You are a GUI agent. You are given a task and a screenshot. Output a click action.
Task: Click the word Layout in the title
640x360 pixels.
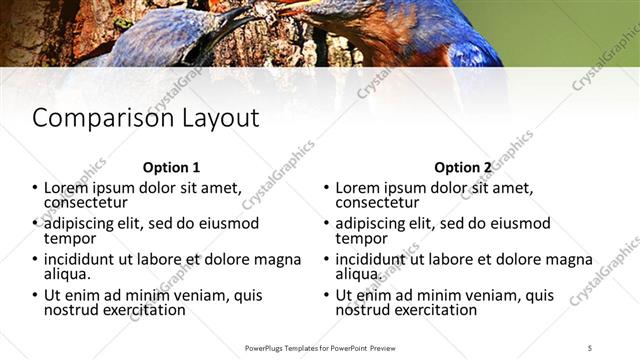pos(220,118)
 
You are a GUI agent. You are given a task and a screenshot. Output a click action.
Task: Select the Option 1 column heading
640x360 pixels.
pos(171,168)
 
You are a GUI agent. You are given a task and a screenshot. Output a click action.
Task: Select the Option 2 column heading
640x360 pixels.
pos(463,168)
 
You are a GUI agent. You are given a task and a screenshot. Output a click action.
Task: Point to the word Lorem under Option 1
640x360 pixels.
pos(65,187)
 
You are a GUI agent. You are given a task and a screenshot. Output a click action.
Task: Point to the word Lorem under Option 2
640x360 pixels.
pos(357,187)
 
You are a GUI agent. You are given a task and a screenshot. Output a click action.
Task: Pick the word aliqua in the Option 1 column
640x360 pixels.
pos(67,273)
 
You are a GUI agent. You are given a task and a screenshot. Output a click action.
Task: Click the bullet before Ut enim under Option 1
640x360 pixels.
pos(35,296)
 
